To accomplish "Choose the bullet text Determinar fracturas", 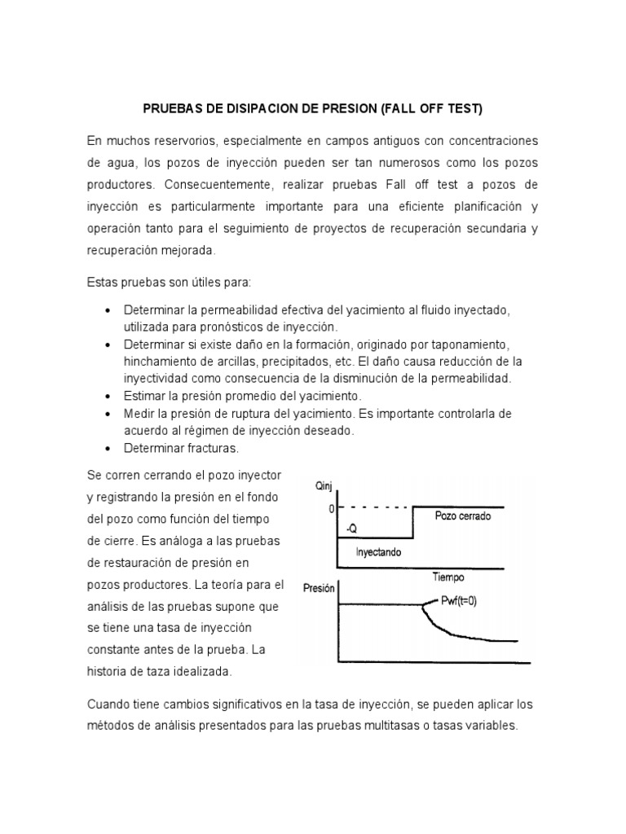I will (181, 448).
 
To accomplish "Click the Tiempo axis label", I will (448, 577).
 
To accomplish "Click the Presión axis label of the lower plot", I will (319, 588).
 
